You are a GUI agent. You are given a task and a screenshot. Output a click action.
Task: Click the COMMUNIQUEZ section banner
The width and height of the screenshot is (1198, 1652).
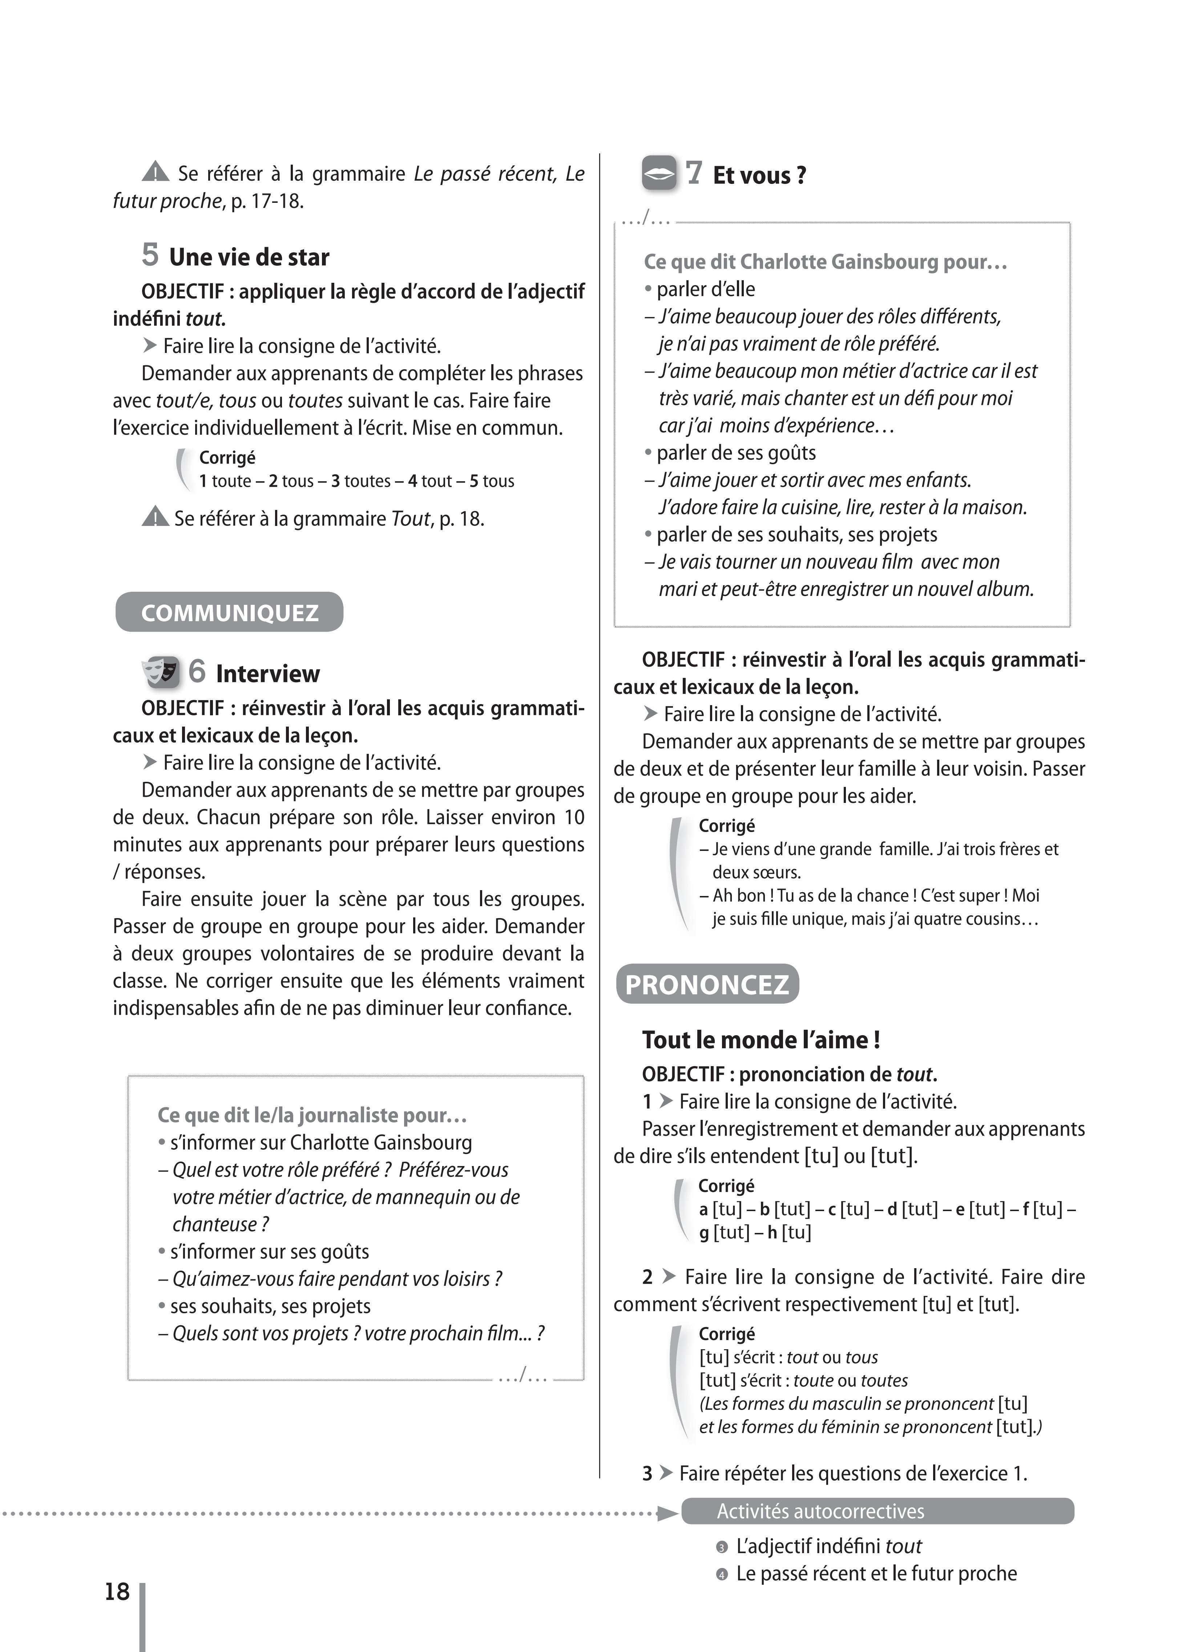(x=229, y=612)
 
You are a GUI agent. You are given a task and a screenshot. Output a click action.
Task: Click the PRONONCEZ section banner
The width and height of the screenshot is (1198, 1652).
(x=707, y=985)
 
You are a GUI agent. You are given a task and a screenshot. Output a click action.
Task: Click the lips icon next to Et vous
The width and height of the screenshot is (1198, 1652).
(x=659, y=174)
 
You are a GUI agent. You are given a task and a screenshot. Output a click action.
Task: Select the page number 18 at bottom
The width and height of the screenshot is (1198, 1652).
(x=117, y=1592)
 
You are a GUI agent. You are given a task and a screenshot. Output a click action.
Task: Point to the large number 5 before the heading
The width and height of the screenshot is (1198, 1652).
(x=150, y=255)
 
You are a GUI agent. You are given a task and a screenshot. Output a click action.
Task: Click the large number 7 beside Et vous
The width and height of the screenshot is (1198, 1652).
(x=694, y=173)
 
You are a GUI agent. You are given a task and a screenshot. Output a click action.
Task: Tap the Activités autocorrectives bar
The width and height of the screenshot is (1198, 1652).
(x=878, y=1511)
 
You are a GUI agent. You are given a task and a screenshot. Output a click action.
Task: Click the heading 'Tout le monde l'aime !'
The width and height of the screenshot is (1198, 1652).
(x=761, y=1040)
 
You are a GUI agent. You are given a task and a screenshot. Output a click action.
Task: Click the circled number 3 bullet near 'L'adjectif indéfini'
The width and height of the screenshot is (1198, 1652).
(x=722, y=1547)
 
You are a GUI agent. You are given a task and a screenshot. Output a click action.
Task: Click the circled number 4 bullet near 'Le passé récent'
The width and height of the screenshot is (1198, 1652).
(x=722, y=1575)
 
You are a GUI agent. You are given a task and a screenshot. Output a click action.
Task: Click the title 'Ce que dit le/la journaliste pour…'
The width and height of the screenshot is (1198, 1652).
(x=312, y=1115)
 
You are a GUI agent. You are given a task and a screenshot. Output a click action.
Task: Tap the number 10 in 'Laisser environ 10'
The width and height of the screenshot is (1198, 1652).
(x=574, y=817)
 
